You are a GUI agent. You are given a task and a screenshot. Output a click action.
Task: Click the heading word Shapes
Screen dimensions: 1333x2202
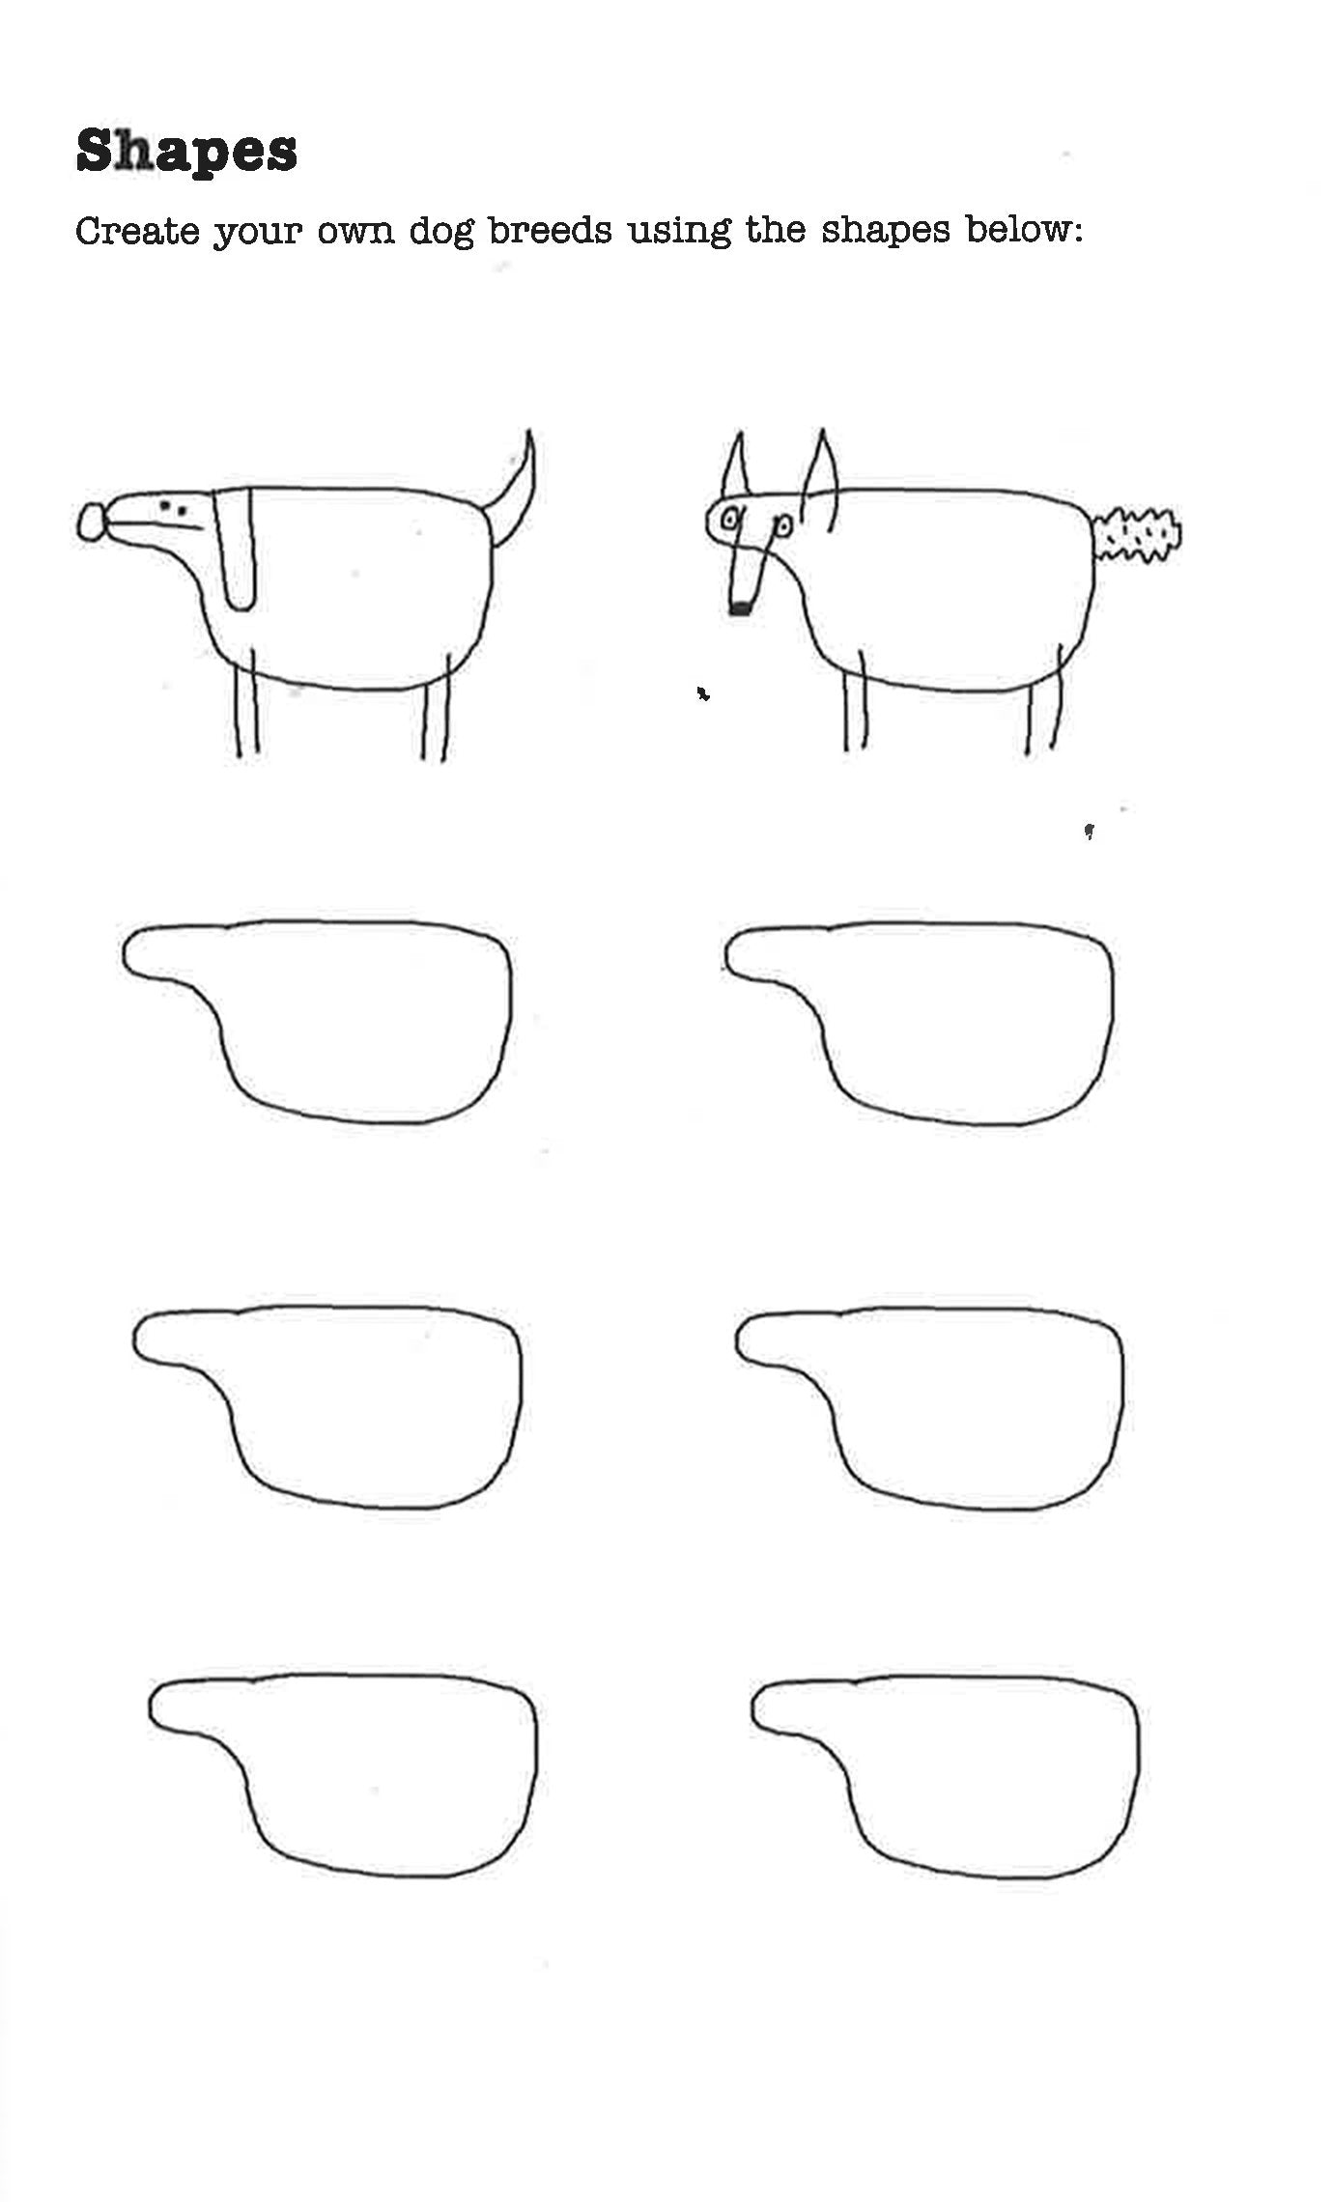186,153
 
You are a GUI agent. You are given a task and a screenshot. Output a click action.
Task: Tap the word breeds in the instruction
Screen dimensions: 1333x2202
551,230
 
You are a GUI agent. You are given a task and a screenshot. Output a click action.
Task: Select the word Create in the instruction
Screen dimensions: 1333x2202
137,231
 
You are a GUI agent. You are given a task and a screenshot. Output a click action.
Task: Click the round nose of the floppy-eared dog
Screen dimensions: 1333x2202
92,522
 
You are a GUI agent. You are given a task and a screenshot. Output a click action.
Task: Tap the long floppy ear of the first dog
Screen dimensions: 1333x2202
235,550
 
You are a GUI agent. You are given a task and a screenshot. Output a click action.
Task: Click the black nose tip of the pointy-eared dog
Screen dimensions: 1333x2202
740,608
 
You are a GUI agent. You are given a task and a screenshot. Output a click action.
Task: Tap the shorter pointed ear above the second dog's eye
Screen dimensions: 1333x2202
735,466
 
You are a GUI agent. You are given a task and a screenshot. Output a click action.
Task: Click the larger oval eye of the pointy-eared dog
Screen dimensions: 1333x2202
731,520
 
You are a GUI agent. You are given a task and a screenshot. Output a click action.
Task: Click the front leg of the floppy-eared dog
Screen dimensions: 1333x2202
246,701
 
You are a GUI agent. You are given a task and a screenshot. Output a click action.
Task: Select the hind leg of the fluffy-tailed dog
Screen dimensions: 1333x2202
1045,699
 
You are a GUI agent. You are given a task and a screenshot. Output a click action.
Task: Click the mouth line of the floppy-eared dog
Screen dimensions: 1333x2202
156,524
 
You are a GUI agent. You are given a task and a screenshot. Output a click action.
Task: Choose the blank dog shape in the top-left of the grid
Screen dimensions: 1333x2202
317,1021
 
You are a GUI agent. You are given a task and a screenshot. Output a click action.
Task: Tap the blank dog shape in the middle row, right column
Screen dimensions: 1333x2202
929,1408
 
